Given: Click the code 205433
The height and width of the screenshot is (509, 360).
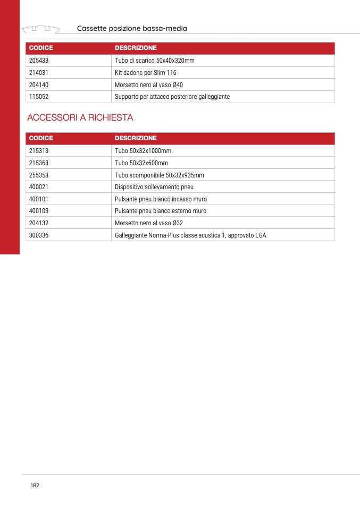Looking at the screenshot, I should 39,61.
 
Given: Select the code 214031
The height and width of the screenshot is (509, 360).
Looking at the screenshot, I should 39,73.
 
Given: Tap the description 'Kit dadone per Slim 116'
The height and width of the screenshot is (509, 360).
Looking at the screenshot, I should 145,73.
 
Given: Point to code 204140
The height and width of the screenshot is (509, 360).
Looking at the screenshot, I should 39,85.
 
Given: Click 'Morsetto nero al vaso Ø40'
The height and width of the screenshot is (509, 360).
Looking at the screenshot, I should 149,85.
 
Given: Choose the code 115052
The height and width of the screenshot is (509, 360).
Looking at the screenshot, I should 39,97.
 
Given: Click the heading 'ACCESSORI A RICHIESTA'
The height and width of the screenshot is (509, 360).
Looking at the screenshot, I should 80,117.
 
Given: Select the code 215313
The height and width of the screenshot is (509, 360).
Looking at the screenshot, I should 39,151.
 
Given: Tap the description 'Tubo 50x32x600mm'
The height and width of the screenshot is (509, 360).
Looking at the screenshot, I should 141,163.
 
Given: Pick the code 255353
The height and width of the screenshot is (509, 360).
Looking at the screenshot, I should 39,175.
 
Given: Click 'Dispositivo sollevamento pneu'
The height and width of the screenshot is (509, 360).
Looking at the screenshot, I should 154,187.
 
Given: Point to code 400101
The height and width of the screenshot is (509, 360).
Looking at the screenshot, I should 39,199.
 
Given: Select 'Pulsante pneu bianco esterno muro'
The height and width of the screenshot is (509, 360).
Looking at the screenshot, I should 161,211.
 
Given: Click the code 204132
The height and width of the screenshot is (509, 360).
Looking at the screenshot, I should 39,223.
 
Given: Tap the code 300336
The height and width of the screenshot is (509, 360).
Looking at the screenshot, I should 39,235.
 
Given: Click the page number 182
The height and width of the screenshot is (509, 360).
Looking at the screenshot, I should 35,486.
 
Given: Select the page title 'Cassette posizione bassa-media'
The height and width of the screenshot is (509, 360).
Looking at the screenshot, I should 132,28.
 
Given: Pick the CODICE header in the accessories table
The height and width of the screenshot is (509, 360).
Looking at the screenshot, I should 41,138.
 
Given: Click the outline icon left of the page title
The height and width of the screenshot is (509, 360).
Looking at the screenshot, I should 40,28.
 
